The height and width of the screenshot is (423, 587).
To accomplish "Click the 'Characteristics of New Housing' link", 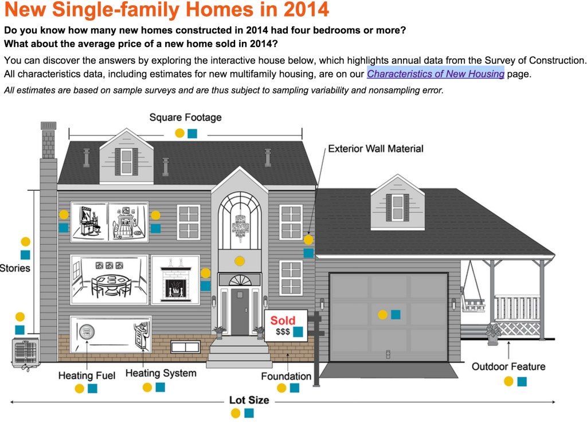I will (x=435, y=74).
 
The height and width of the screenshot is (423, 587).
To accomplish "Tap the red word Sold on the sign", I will (x=283, y=321).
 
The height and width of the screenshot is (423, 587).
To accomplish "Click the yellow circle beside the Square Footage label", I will (x=179, y=133).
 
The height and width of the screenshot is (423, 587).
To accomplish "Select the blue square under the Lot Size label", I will (x=249, y=413).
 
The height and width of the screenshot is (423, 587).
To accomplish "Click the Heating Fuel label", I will (x=87, y=376).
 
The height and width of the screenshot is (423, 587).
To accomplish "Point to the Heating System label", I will (x=161, y=374).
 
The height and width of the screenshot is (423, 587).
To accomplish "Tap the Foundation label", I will (x=286, y=377).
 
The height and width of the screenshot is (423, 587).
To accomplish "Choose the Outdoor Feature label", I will (x=508, y=367).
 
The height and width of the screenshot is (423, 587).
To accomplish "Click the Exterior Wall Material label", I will (x=375, y=149).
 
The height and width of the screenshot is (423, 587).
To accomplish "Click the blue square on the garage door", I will (x=396, y=315).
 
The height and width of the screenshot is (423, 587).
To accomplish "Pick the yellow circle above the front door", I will (x=240, y=261).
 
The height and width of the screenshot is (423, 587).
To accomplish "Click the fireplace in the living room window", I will (x=175, y=281).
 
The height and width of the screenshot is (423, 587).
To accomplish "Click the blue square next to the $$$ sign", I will (x=298, y=332).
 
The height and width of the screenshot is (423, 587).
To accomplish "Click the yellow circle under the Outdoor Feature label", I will (x=508, y=382).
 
